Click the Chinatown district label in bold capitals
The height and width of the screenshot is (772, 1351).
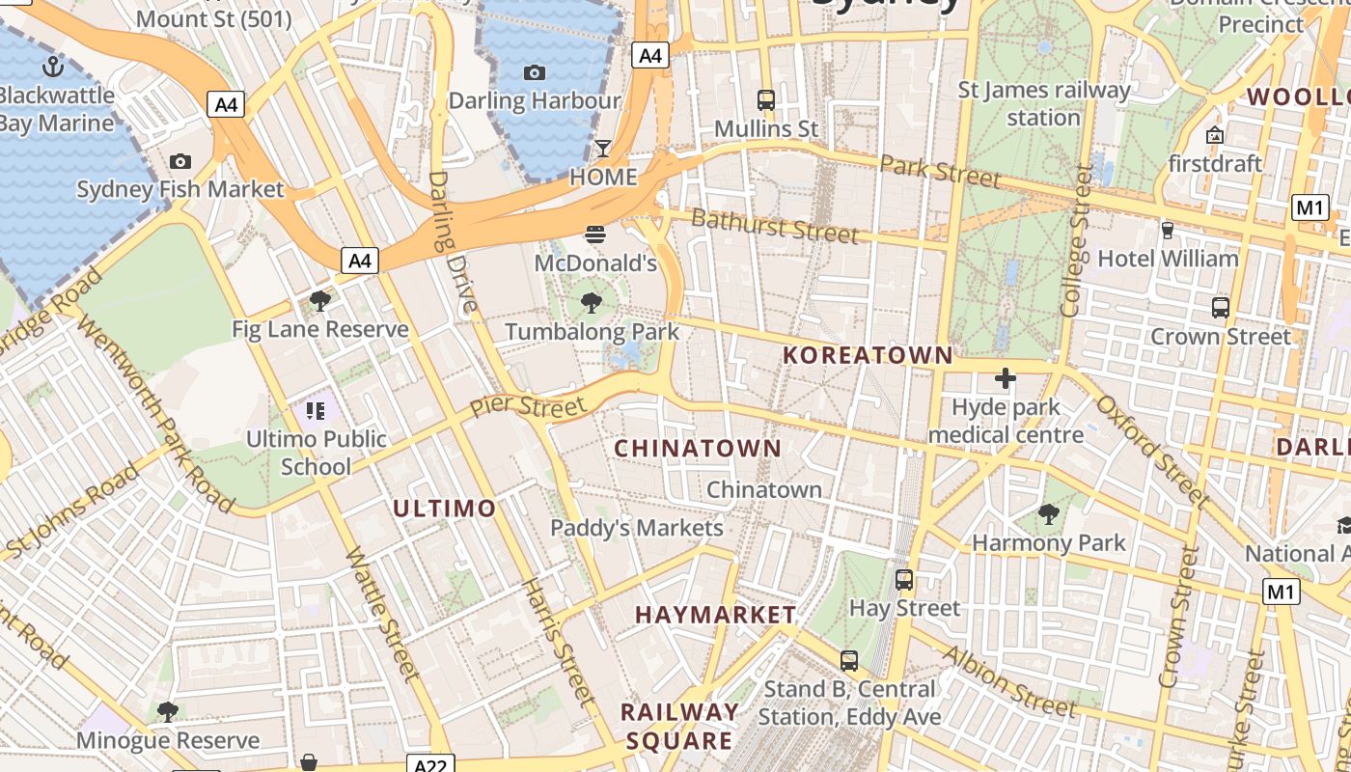tap(698, 448)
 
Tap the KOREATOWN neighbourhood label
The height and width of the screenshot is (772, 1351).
tap(868, 355)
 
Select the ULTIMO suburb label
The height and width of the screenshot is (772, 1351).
tap(445, 508)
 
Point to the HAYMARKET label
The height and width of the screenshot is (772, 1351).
tap(716, 615)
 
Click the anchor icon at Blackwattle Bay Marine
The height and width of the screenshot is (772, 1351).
tap(54, 67)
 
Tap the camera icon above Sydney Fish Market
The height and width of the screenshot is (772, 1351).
tap(179, 161)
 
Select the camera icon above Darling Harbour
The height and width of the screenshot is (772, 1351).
tap(534, 72)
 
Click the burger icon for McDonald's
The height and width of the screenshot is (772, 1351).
tap(595, 234)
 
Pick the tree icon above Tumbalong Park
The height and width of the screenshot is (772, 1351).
tap(592, 304)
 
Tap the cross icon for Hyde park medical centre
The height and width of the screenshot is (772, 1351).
tap(1005, 378)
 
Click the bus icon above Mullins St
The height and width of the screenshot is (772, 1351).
tap(766, 99)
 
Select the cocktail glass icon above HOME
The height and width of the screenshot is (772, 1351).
tap(603, 148)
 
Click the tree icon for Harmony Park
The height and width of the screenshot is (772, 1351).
tap(1049, 514)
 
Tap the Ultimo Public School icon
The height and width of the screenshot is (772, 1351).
tap(316, 411)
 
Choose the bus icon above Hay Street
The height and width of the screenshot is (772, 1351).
tap(904, 580)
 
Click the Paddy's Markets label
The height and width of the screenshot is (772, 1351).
tap(637, 528)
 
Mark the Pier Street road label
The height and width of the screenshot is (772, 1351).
tap(528, 406)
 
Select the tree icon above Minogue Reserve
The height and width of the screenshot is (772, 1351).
tap(168, 712)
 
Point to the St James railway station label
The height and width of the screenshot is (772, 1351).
tap(1043, 103)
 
